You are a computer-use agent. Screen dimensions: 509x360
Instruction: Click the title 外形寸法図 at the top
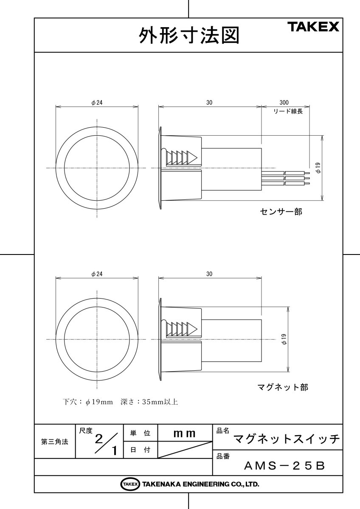point(189,36)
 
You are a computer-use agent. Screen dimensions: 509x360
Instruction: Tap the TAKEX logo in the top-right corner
point(314,27)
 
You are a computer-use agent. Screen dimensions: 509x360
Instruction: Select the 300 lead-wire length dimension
point(284,103)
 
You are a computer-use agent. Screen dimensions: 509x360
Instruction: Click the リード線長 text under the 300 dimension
point(287,112)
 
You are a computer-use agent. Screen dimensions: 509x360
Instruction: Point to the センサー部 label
point(281,212)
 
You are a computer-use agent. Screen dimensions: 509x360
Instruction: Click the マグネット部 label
point(283,387)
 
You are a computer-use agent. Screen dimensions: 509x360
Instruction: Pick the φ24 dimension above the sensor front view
point(97,103)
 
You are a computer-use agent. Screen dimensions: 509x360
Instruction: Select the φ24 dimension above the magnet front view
point(97,274)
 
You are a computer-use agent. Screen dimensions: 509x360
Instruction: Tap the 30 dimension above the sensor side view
point(209,103)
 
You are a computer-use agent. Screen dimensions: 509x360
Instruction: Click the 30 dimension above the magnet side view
point(209,274)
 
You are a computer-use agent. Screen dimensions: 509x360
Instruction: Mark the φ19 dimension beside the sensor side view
point(318,168)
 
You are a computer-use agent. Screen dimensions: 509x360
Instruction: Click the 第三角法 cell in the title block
point(54,442)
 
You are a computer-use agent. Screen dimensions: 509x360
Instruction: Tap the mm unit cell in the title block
point(185,434)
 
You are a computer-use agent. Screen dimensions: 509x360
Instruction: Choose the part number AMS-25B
point(284,466)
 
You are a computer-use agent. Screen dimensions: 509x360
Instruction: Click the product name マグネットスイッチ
point(287,439)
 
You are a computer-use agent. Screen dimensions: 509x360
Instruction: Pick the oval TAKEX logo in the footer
point(130,484)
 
